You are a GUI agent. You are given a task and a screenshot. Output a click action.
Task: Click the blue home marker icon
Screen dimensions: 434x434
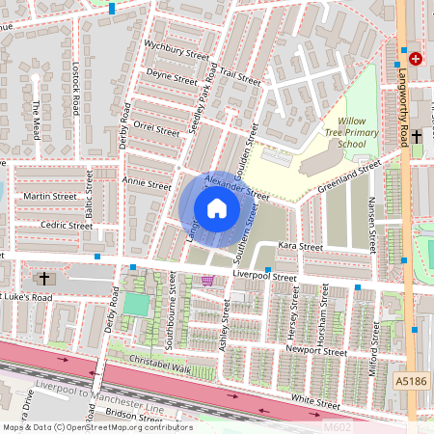click(217, 208)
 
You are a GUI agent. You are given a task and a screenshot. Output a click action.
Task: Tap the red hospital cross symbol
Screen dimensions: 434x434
click(416, 59)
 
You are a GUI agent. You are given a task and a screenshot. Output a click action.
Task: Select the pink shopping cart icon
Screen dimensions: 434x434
click(208, 281)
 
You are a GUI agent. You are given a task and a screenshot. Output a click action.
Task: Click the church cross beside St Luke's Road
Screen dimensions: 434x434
click(43, 279)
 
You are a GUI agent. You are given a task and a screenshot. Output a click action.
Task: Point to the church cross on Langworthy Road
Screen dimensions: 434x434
click(417, 137)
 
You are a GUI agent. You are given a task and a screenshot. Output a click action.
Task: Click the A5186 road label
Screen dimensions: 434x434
click(412, 383)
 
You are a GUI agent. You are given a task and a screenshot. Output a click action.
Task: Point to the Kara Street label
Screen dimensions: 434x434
click(300, 247)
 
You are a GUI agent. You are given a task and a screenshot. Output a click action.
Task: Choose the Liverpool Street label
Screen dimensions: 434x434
click(265, 277)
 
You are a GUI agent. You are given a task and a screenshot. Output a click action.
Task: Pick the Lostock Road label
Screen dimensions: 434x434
click(74, 90)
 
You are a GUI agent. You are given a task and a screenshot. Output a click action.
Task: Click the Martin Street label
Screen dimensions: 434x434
click(49, 196)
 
